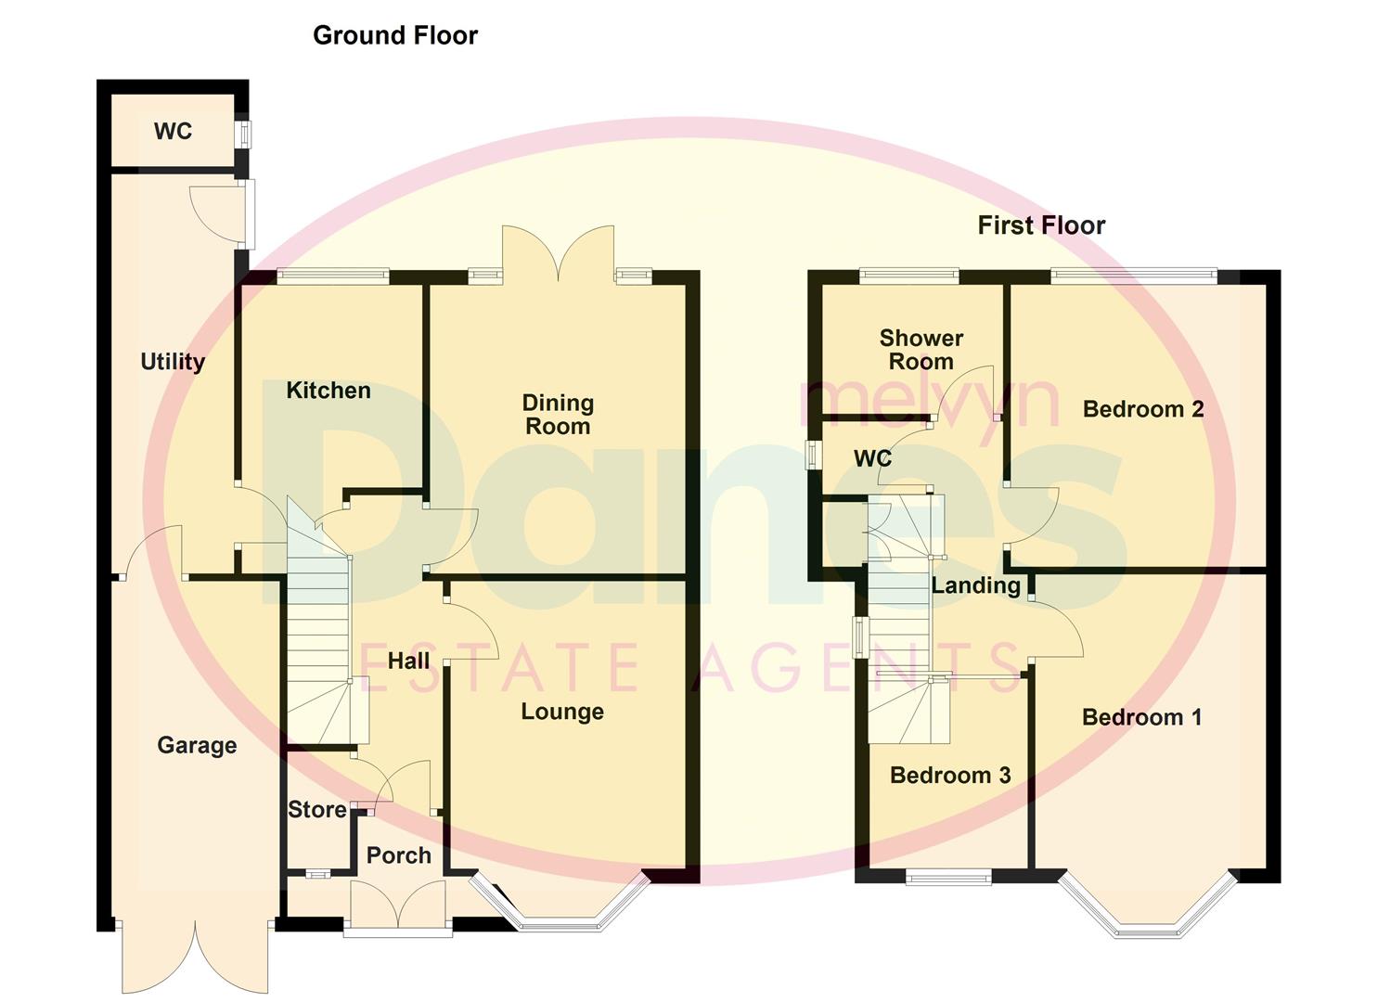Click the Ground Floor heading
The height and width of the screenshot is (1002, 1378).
click(x=395, y=35)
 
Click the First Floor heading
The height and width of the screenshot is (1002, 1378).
click(x=1041, y=225)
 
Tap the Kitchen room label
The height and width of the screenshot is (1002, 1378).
click(x=328, y=391)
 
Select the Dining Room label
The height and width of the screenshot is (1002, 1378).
click(x=557, y=415)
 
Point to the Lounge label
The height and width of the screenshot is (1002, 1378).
click(x=562, y=712)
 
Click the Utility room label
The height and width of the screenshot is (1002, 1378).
click(x=173, y=362)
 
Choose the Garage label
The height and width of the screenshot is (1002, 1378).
click(x=197, y=745)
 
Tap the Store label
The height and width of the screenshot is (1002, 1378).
click(x=317, y=810)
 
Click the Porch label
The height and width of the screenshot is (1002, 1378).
click(x=399, y=855)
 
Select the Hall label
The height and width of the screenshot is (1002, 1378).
click(x=408, y=661)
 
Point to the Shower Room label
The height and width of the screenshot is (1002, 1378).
click(x=921, y=350)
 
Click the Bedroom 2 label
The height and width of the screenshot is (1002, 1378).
click(x=1143, y=409)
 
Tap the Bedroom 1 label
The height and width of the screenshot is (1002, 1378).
click(x=1141, y=717)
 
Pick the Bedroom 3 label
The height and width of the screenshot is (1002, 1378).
click(x=950, y=776)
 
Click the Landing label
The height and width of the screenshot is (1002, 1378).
click(x=976, y=585)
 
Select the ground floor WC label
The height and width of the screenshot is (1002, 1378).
click(x=173, y=132)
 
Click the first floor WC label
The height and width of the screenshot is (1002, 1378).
click(x=872, y=458)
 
